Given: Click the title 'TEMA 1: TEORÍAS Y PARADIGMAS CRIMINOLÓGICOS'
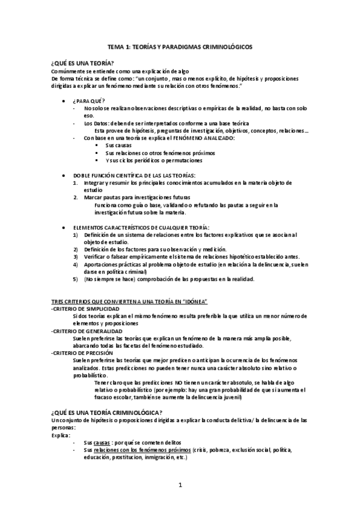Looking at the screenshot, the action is click(x=180, y=46).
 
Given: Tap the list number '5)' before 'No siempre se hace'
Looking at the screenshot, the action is click(x=76, y=278).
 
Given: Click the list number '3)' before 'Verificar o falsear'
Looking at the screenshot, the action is click(x=76, y=256).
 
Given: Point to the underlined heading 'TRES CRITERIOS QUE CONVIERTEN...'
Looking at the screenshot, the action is click(x=129, y=300).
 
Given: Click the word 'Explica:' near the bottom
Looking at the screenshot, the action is click(x=61, y=434).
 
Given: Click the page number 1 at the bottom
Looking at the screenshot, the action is click(x=180, y=485).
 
